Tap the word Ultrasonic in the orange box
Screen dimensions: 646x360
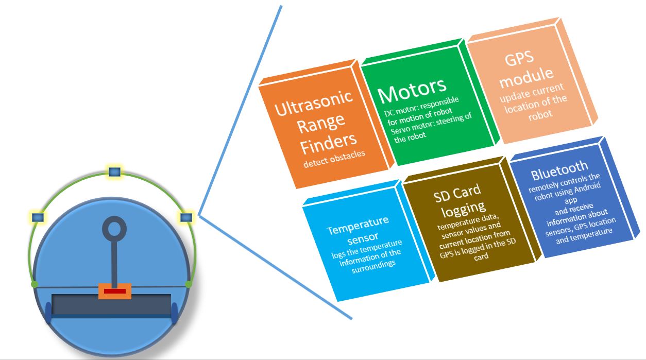[x=314, y=103]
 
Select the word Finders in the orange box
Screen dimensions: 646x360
[x=329, y=143]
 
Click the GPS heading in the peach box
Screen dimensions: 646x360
[x=519, y=59]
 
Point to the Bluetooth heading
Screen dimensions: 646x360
[x=559, y=170]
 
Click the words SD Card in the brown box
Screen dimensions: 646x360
[x=457, y=193]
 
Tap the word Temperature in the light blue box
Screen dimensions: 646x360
[x=358, y=226]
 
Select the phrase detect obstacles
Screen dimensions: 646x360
[x=334, y=159]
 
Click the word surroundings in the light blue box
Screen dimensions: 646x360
[x=373, y=267]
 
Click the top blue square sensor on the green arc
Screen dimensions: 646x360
[x=114, y=172]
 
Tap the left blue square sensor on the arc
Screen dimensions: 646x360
[x=38, y=217]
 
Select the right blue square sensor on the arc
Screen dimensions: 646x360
[x=186, y=217]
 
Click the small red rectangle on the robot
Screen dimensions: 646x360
[x=115, y=291]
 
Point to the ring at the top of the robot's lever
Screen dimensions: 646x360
[x=114, y=229]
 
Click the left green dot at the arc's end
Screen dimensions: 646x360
[x=35, y=284]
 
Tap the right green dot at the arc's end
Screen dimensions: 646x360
[x=189, y=284]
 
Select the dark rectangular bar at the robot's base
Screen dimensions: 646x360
[x=111, y=305]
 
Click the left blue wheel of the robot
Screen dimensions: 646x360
[x=48, y=313]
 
